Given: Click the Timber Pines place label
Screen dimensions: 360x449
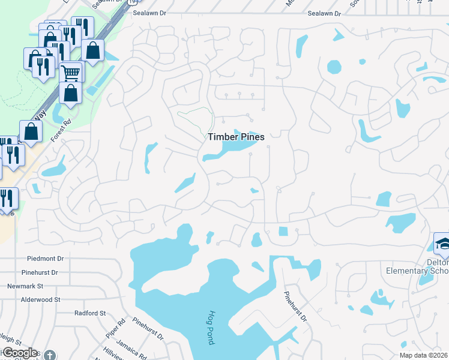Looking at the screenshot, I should point(236,137).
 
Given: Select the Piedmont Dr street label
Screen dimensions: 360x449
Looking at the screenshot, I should point(45,259).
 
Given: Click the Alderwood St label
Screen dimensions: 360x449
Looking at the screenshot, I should point(41,299).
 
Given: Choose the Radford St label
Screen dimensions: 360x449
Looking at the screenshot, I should point(90,313).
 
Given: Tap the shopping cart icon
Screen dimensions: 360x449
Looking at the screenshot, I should point(71,73).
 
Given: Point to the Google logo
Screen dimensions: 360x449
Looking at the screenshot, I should point(20,353).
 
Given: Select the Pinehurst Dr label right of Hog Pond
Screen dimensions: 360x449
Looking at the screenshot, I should point(295,306).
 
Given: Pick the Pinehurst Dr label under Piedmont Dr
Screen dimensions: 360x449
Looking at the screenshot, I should point(39,272).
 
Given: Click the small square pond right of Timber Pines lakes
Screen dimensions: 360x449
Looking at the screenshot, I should point(283,232).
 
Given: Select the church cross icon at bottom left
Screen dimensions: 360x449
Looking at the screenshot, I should point(51,355).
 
